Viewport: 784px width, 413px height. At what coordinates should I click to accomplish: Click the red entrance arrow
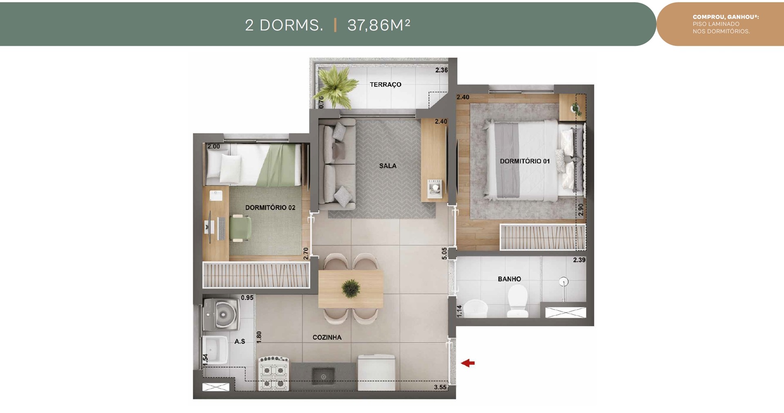tap(468, 363)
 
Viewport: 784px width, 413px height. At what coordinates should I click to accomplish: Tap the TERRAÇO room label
tap(385, 84)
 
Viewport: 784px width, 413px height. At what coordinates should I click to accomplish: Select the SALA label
tap(388, 166)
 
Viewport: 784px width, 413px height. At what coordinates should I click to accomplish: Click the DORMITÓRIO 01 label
tap(525, 161)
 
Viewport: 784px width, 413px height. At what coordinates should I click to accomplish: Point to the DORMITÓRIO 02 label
tap(270, 207)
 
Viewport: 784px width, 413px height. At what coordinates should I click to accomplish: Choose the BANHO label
tap(509, 279)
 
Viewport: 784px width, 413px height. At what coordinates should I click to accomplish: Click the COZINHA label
tap(327, 338)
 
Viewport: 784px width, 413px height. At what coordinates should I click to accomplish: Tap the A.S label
tap(240, 341)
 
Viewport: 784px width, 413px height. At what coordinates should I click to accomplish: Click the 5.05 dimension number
tap(444, 253)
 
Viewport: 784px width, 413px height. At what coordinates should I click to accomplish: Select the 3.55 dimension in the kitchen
tap(440, 387)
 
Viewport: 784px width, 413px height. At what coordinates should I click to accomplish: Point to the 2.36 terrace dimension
tap(441, 70)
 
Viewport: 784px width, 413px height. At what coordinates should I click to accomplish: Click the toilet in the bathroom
tap(517, 300)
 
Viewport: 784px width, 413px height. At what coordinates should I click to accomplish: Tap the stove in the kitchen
tap(274, 373)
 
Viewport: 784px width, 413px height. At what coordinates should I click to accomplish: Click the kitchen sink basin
tap(323, 376)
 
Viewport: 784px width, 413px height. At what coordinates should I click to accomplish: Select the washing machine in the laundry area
tap(221, 313)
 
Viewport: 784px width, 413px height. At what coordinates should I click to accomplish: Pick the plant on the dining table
tap(351, 288)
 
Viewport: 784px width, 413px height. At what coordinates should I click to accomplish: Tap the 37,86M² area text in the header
tap(379, 25)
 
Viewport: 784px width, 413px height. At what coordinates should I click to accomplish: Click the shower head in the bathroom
tap(564, 281)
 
